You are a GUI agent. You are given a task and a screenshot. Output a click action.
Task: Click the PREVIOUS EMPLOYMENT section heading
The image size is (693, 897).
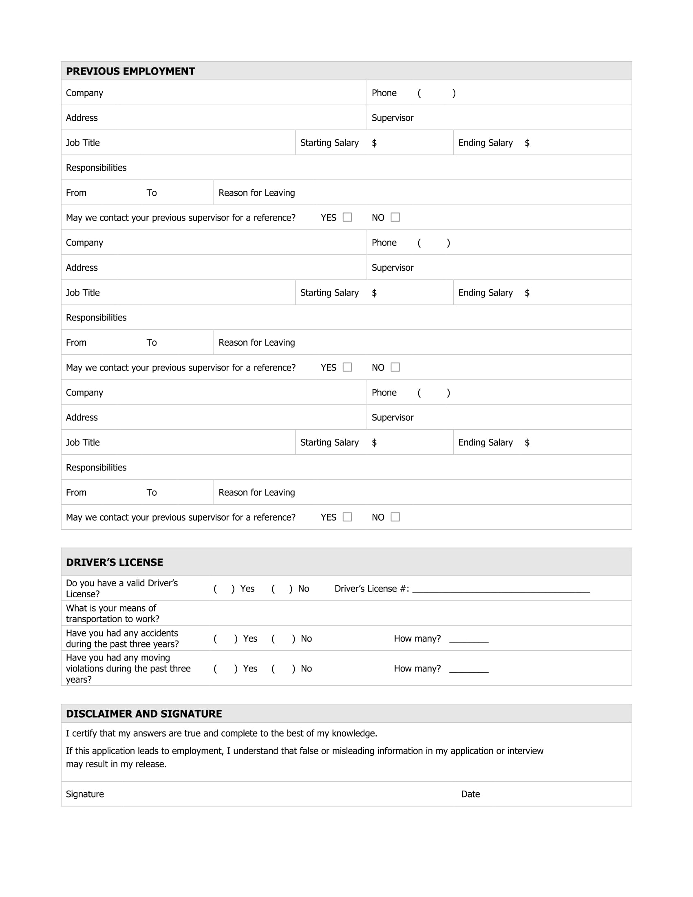tap(130, 71)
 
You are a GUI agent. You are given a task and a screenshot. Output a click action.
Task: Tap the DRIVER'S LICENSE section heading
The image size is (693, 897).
tap(114, 562)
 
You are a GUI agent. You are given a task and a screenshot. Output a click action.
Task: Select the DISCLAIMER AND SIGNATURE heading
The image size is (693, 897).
tap(143, 714)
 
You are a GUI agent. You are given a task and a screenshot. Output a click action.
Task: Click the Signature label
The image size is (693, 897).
tap(84, 794)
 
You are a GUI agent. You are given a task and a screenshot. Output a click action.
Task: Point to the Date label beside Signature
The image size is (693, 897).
tap(470, 794)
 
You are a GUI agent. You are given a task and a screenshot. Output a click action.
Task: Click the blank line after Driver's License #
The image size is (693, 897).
tap(501, 590)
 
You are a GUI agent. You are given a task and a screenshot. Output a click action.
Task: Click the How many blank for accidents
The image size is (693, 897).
tap(469, 639)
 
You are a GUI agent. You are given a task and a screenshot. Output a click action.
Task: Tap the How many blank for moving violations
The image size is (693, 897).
tap(469, 669)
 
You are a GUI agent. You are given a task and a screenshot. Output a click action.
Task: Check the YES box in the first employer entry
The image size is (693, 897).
tap(347, 217)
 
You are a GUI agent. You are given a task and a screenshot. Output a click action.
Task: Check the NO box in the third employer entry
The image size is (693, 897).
tap(395, 517)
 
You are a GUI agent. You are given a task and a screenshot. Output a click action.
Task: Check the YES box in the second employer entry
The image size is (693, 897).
tap(347, 367)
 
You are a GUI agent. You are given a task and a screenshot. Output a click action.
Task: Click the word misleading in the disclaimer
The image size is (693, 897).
tap(353, 751)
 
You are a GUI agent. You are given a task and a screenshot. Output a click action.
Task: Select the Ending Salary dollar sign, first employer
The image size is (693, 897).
tap(527, 143)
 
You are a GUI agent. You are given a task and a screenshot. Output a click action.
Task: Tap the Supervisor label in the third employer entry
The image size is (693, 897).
tap(393, 418)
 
